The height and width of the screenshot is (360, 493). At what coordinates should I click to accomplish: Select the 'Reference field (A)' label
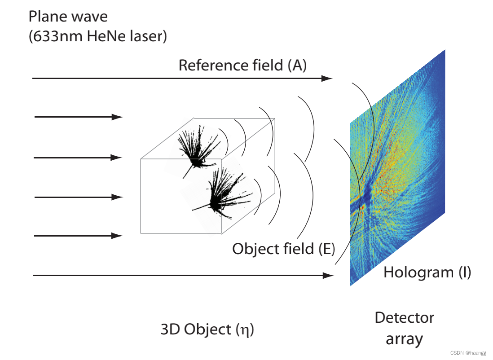pos(242,65)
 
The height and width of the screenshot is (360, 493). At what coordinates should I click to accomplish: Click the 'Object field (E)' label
pos(283,248)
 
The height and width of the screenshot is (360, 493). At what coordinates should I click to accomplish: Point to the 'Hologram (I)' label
pos(427,272)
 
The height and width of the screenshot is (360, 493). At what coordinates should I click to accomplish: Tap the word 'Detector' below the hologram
pos(404,318)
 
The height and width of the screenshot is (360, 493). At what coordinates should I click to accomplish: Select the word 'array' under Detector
pos(404,339)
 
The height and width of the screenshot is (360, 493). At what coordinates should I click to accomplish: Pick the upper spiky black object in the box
pos(196,148)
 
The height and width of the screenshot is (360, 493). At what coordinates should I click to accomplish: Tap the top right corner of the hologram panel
pos(445,50)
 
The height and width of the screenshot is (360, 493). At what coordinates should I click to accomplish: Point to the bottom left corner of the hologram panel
pos(350,285)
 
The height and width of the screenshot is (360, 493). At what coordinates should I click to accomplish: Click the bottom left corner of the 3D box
pos(141,233)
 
